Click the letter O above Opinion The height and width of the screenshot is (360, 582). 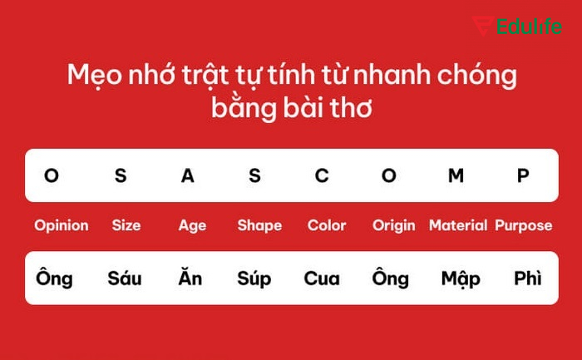tap(52, 175)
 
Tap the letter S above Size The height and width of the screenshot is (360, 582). tap(121, 175)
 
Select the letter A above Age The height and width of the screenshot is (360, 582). tap(188, 175)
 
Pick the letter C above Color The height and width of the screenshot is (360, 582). tap(322, 175)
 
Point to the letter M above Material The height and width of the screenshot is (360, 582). tap(456, 175)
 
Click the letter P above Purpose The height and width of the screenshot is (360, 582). tap(523, 175)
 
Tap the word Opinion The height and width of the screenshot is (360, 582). tap(62, 225)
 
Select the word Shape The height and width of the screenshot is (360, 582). tap(259, 225)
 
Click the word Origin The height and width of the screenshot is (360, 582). tap(394, 225)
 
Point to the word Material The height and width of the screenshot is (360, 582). tap(458, 225)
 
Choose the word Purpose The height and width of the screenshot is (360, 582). tap(524, 225)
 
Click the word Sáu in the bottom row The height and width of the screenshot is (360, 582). tap(125, 278)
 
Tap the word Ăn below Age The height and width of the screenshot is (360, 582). tap(190, 278)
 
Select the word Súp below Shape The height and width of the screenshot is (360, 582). tap(254, 279)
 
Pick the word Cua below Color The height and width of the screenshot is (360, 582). tap(322, 279)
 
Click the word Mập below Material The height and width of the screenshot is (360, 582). tap(461, 279)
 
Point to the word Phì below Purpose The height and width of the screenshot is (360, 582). tap(528, 278)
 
